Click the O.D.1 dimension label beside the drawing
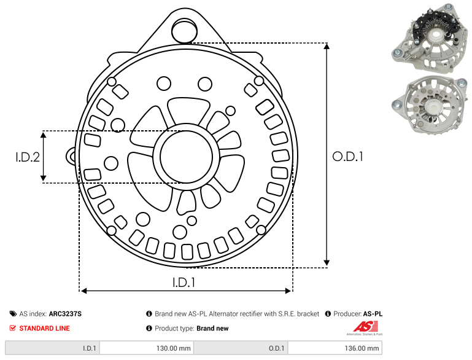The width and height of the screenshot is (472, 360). click(x=347, y=157)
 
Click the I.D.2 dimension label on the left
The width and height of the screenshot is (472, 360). click(x=28, y=157)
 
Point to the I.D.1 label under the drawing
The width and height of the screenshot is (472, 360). click(x=184, y=282)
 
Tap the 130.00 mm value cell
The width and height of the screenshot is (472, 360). click(x=147, y=348)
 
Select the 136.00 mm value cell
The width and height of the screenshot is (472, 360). click(x=335, y=348)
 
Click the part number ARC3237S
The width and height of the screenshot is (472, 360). click(x=65, y=313)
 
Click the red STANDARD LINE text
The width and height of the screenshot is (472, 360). click(x=45, y=328)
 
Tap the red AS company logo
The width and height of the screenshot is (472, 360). click(x=365, y=328)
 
